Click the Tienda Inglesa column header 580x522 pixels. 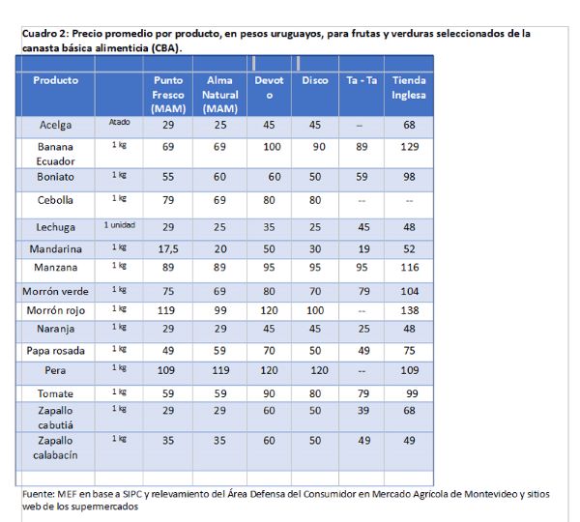coord(409,88)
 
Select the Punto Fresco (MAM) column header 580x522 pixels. coord(168,95)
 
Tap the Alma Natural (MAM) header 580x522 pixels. coord(220,95)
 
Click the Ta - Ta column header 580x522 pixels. coord(362,80)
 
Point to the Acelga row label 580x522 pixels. coord(55,125)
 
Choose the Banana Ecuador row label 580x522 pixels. coord(55,154)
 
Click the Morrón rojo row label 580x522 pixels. coord(56,310)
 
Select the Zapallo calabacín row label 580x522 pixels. coord(55,448)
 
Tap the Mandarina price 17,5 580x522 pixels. coord(168,249)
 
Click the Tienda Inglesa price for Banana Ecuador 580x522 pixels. coord(410,147)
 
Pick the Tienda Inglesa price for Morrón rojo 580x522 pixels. coord(410,310)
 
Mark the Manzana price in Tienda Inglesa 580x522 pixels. coord(410,268)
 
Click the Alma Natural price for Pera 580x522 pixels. coord(220,370)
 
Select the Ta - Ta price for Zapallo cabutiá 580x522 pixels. coord(363,411)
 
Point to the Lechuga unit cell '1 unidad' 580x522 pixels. coord(120,225)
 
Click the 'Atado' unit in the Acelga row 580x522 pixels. coord(120,122)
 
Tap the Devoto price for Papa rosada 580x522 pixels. coord(269,351)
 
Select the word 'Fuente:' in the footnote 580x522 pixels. coord(39,494)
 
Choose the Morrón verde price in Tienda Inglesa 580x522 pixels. coord(410,292)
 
